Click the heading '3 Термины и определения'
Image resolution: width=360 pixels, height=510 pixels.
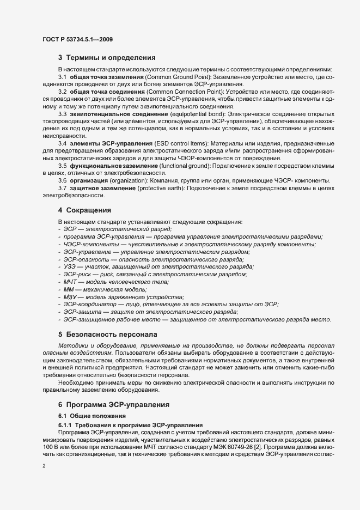coord(107,57)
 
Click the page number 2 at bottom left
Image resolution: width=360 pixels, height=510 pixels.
coord(44,466)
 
